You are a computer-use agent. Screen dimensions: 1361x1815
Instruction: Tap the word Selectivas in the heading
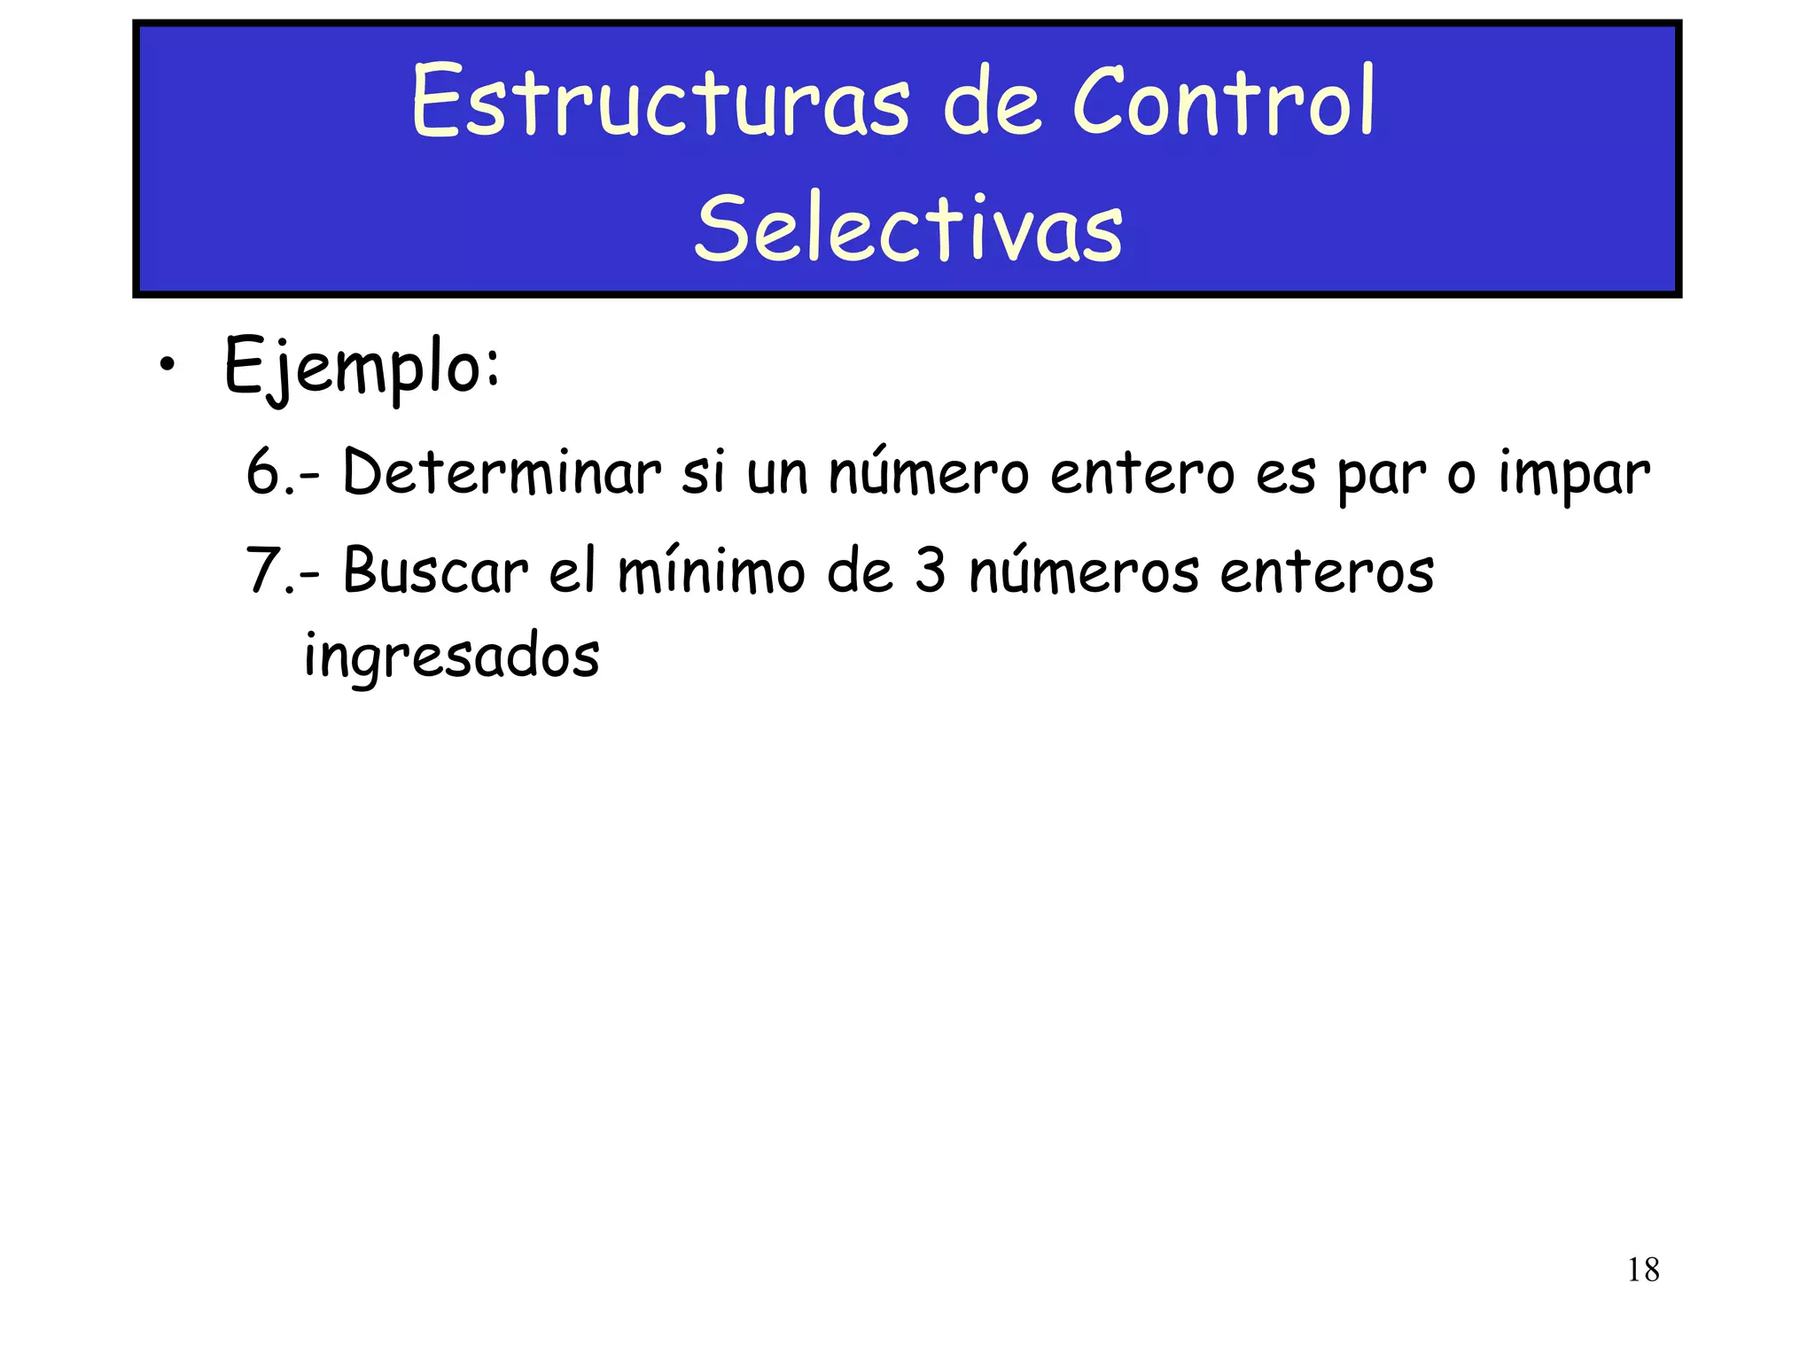(908, 229)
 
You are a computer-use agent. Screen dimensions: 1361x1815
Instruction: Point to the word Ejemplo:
(362, 367)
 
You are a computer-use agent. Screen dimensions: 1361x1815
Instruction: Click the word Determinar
(502, 472)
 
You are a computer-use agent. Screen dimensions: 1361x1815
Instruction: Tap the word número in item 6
(928, 472)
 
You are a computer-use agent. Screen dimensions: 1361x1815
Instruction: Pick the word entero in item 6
(1141, 472)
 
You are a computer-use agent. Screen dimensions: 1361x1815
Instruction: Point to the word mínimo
(711, 570)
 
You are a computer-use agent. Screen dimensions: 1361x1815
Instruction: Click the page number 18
(1643, 1270)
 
